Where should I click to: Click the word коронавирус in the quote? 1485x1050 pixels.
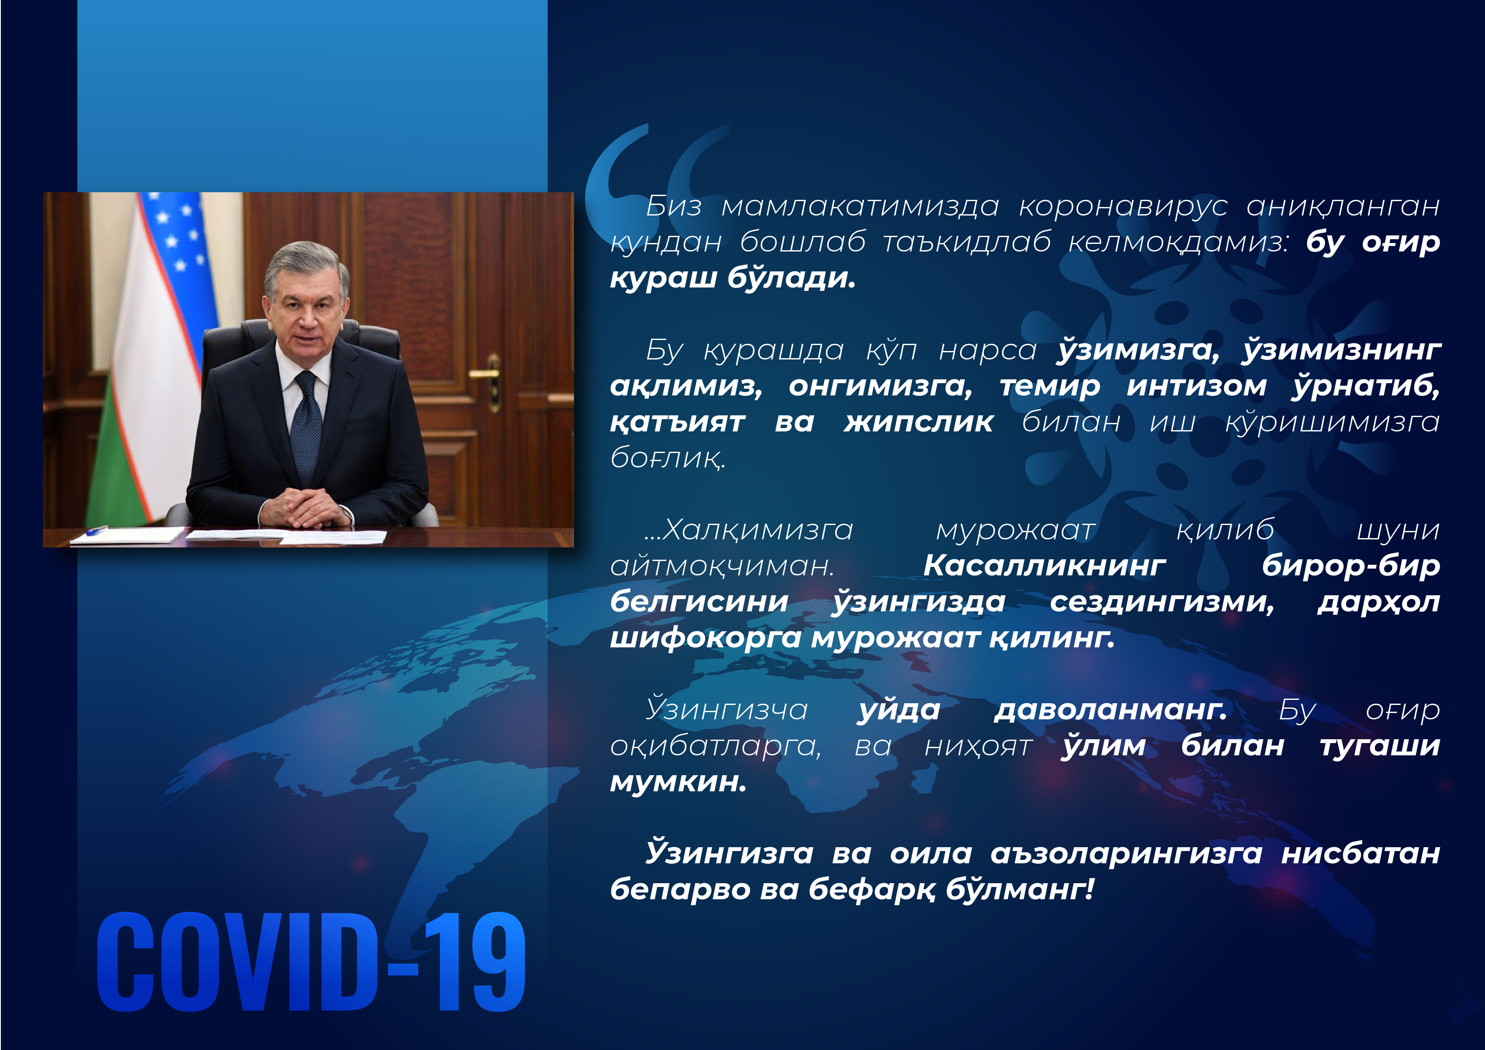pos(1123,206)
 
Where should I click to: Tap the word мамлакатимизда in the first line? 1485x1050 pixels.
pos(860,206)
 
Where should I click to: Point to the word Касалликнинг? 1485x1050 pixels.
pos(1045,566)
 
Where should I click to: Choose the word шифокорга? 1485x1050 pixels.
pos(707,638)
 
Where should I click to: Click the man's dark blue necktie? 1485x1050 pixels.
pos(306,427)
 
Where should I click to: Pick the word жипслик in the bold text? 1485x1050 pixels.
pos(919,423)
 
